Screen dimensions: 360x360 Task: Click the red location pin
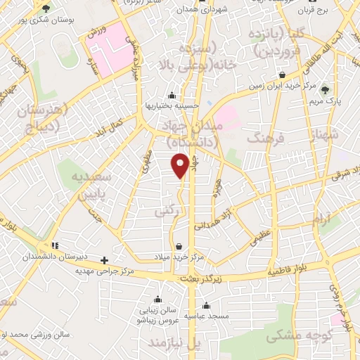[x=181, y=166]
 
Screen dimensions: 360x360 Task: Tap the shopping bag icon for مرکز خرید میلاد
[x=182, y=246]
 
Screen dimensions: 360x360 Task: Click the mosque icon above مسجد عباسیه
[x=206, y=305]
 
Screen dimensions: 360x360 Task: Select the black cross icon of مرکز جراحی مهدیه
[x=105, y=259]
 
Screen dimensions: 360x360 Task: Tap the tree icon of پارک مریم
[x=325, y=89]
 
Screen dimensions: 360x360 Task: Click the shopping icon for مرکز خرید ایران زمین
[x=282, y=75]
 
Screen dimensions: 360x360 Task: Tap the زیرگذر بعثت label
[x=201, y=278]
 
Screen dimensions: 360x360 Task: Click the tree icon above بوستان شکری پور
[x=46, y=8]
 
